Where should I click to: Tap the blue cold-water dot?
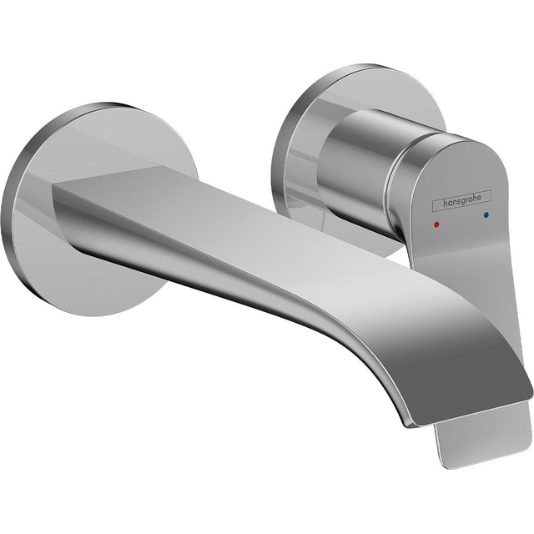[x=486, y=216]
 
